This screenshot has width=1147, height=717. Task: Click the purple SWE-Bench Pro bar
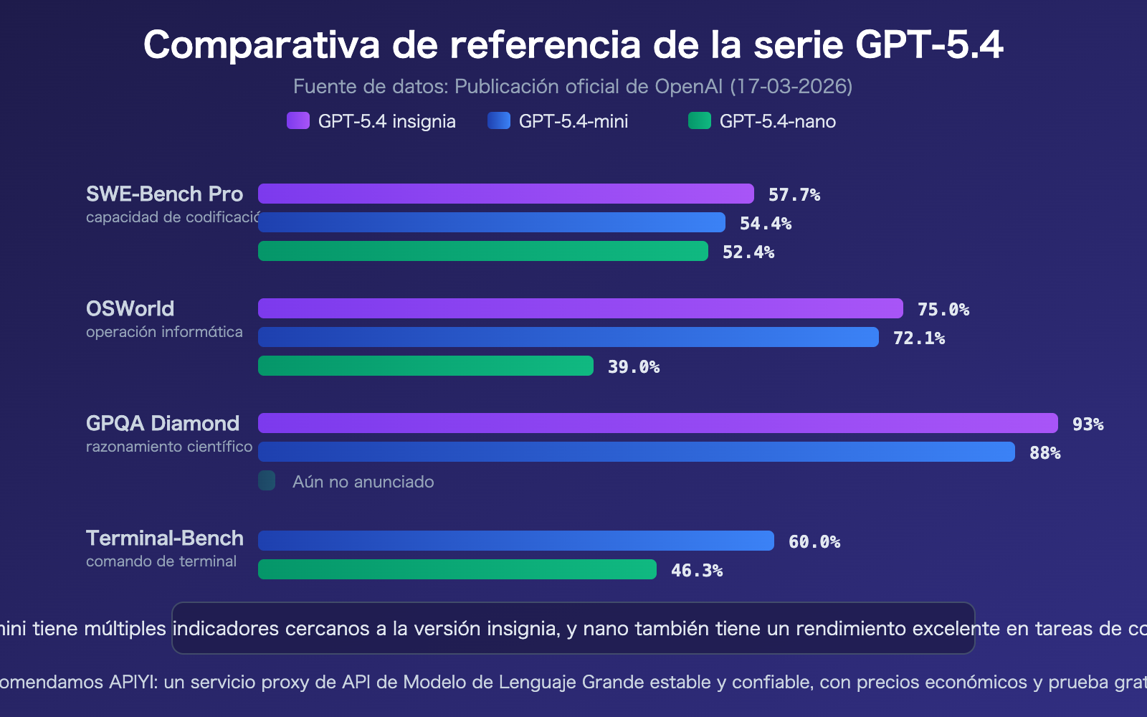505,194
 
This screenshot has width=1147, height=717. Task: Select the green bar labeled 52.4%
482,251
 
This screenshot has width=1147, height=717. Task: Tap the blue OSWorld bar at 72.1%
568,337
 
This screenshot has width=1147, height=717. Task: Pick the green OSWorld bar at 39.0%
425,366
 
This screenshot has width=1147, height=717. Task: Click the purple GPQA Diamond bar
657,423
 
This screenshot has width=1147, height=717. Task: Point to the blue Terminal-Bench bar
515,541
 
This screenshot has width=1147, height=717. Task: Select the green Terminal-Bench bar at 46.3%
457,569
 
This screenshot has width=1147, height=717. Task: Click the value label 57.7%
794,195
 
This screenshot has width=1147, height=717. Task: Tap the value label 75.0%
943,310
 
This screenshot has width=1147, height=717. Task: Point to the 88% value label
1044,453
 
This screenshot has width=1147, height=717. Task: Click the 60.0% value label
814,542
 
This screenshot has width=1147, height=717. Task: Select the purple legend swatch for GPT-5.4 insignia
298,120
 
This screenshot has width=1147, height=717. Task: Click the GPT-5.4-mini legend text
573,121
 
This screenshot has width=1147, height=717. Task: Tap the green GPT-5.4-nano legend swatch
699,120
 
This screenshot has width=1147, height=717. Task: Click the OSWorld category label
130,308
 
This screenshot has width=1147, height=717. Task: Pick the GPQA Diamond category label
162,423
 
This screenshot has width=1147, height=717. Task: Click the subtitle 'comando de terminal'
161,561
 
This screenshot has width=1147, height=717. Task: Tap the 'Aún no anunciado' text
363,482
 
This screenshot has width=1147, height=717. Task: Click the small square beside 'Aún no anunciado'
267,480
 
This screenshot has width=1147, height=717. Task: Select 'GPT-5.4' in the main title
929,44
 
